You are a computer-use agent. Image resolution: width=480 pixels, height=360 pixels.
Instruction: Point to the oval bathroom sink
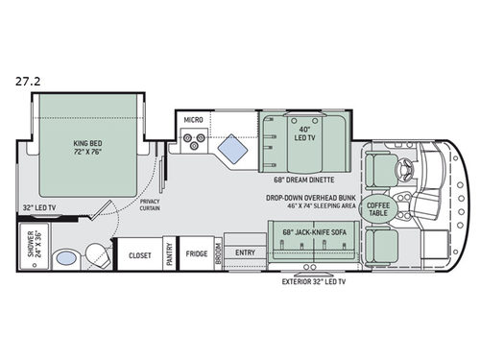coord(65,257)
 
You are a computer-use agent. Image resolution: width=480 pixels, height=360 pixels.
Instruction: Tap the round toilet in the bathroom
coord(96,254)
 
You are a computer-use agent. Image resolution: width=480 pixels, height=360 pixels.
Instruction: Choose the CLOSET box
coord(137,254)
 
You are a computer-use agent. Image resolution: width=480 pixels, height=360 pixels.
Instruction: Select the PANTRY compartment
coord(169,254)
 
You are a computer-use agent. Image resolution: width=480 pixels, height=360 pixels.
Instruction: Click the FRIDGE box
coord(197,254)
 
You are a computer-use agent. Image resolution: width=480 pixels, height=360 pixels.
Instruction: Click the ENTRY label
coord(246,253)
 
